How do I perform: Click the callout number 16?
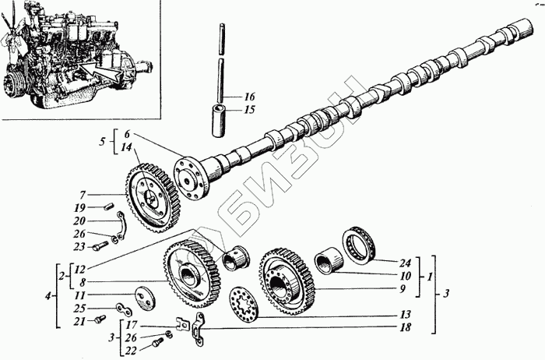(x=249, y=97)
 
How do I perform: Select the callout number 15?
(x=249, y=110)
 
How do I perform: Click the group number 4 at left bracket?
(x=48, y=295)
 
